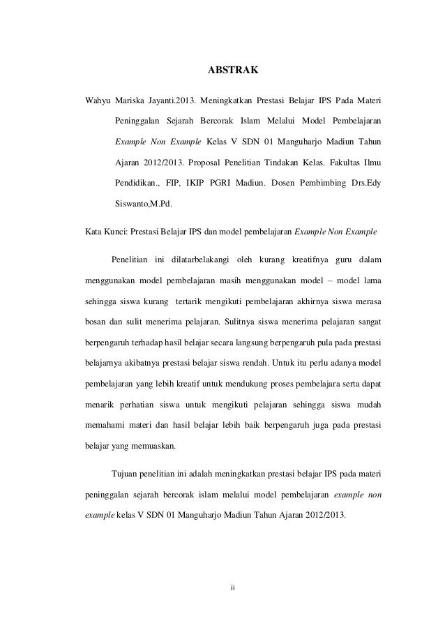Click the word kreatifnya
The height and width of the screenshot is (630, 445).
(x=300, y=260)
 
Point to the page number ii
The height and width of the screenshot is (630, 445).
(x=234, y=585)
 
